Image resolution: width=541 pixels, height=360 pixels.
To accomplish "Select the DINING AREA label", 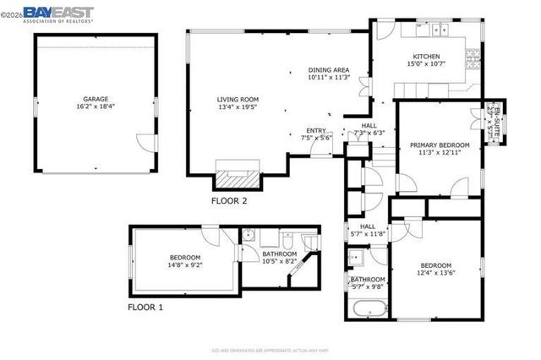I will pyautogui.click(x=328, y=74).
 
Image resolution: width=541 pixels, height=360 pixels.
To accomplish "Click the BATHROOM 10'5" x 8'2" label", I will pyautogui.click(x=278, y=258).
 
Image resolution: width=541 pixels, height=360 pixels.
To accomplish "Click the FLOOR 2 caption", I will pyautogui.click(x=229, y=201).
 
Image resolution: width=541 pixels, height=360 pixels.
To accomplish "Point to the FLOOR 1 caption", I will pyautogui.click(x=145, y=308).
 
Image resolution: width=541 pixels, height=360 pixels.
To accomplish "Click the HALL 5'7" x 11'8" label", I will pyautogui.click(x=368, y=230).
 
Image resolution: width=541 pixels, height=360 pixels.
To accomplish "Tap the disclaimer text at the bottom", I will pyautogui.click(x=270, y=348).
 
